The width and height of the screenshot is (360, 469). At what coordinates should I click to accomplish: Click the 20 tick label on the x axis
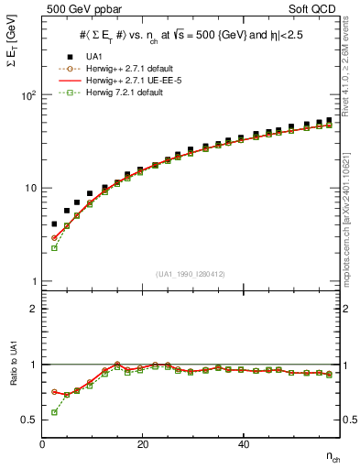tap(142, 445)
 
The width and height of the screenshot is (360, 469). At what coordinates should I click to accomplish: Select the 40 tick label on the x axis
tap(243, 445)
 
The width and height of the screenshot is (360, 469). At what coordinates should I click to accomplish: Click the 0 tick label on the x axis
tap(43, 445)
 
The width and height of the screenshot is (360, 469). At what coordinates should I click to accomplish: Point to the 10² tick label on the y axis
tap(27, 95)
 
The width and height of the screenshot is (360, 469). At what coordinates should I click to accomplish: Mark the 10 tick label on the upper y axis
tap(29, 188)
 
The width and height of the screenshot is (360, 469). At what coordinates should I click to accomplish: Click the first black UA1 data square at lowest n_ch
tap(54, 224)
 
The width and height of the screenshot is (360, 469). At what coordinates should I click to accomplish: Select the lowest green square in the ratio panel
tap(54, 412)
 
